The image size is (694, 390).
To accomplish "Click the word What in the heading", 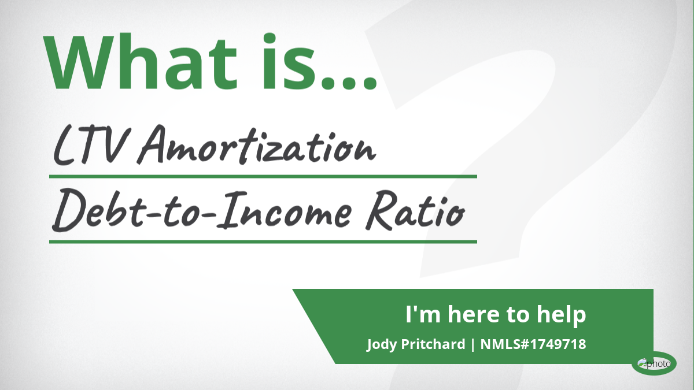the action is coord(140,62).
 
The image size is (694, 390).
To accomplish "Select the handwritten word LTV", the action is coord(90,146).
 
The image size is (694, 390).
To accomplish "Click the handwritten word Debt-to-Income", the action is coord(202,210).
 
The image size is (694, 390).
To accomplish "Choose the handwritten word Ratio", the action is coord(415,210).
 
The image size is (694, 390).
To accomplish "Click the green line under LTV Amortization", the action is coord(263,177).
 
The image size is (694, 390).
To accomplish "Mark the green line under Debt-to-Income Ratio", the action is coord(263,242).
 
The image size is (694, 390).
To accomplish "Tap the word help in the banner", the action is coord(562,315).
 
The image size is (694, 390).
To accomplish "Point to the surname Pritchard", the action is coord(433,344).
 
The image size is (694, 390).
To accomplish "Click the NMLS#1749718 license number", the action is coord(533,344).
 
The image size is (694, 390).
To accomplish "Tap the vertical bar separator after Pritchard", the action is coord(473,344).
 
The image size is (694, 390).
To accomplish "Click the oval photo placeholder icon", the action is coord(654,363).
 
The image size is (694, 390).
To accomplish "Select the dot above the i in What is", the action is coord(270,38).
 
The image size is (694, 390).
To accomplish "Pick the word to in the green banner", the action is coord(518,315).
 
